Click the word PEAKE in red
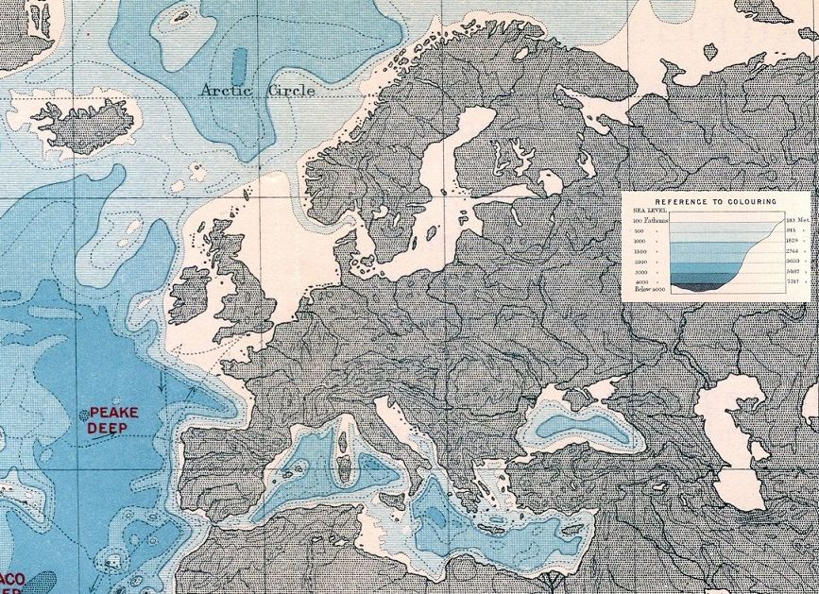[114, 413]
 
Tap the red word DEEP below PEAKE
[107, 428]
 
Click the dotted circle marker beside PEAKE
[83, 414]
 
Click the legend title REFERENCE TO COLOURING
[716, 201]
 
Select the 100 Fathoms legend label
[645, 219]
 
